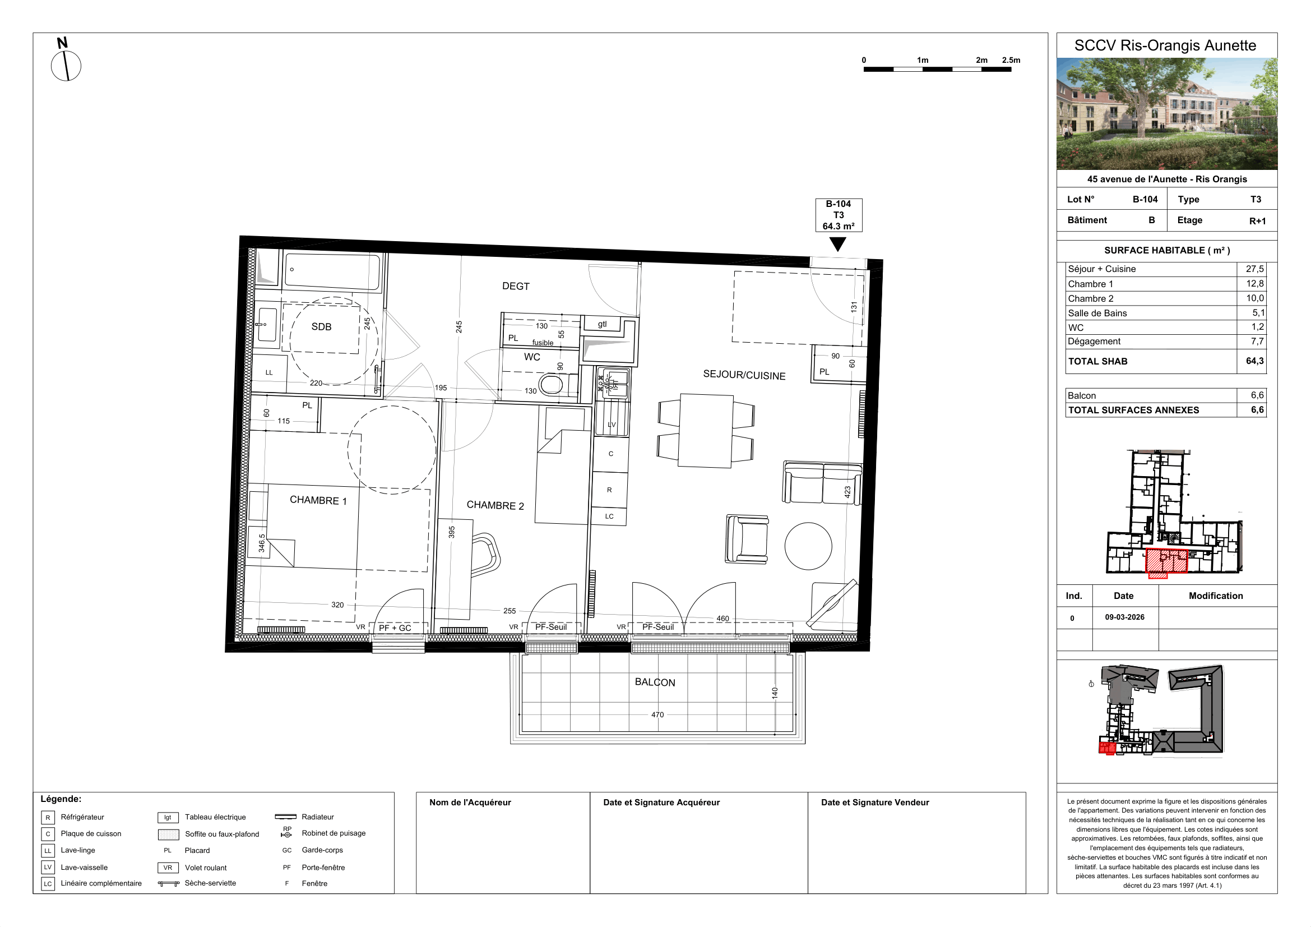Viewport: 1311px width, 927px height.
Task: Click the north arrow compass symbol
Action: tap(66, 66)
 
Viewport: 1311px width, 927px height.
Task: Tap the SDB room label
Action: tap(322, 327)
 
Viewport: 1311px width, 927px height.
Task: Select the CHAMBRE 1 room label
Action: tap(318, 500)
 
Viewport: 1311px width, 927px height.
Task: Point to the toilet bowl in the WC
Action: tap(552, 384)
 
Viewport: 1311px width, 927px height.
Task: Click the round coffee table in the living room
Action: tap(808, 546)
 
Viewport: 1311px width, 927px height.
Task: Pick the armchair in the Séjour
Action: tap(747, 538)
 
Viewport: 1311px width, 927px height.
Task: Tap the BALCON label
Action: tap(655, 682)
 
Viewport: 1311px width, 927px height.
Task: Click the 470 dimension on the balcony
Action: tap(658, 714)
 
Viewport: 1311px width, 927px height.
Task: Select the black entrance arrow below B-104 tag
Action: tap(837, 245)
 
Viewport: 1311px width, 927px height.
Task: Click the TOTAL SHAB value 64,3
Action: tap(1254, 361)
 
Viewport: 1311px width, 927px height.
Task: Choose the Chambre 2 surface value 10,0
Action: tap(1255, 298)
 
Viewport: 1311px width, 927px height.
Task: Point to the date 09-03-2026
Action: tap(1124, 617)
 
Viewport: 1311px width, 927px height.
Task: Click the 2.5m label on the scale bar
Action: tap(1011, 60)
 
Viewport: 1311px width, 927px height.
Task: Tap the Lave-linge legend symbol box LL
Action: tap(48, 851)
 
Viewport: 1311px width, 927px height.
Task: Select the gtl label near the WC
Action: tap(603, 324)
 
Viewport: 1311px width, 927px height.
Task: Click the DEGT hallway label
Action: tap(516, 286)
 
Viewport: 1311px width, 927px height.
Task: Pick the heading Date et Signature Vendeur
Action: tap(875, 803)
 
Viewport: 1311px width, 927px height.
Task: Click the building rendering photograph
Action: tap(1166, 114)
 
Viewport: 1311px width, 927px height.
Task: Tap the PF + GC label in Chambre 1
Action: tap(395, 628)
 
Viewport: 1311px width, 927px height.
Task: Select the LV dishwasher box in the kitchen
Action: tap(612, 419)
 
